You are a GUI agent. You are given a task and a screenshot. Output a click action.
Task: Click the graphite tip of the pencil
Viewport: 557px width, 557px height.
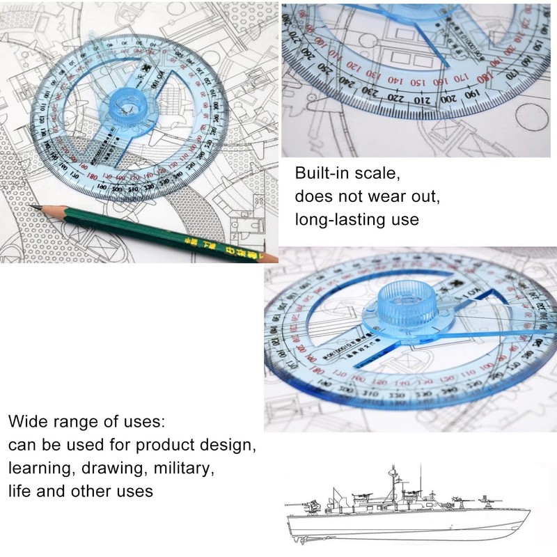[x=33, y=207]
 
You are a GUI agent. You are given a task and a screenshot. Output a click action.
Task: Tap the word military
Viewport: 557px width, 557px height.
[x=178, y=467]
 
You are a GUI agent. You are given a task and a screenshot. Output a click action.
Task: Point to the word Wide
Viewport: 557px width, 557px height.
[x=27, y=422]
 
